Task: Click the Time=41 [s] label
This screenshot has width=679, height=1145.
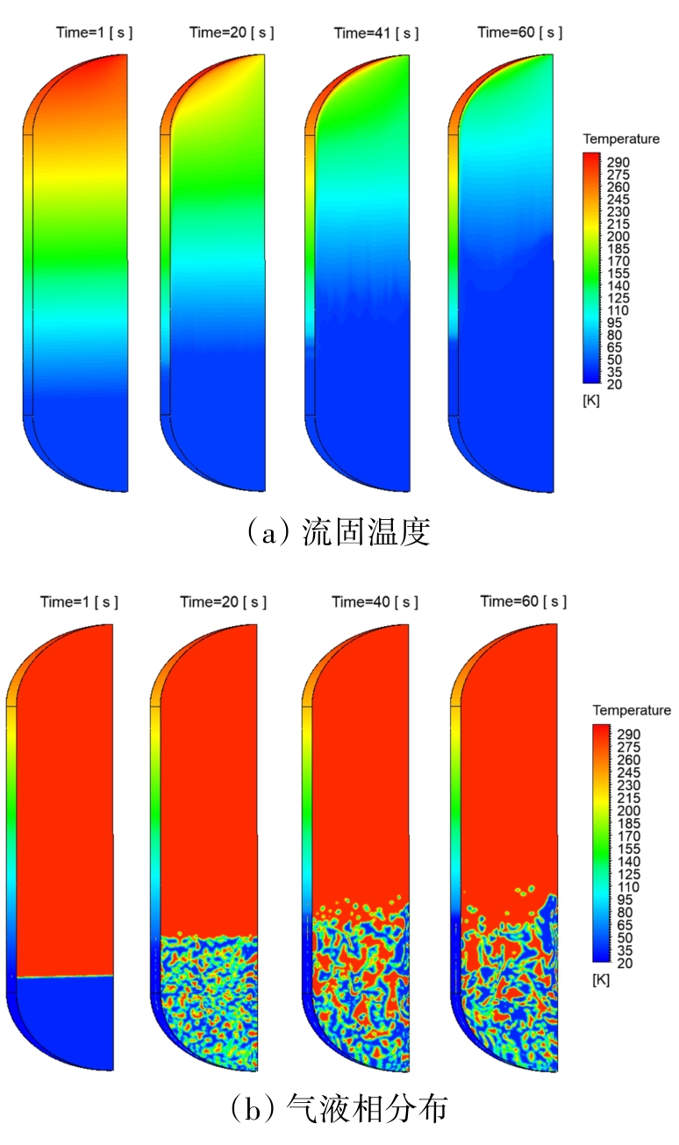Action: (x=375, y=33)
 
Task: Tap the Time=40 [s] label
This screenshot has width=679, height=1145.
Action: (x=375, y=602)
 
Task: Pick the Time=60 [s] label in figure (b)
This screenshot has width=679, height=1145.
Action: (x=523, y=602)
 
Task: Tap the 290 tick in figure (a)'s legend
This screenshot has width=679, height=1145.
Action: (x=619, y=163)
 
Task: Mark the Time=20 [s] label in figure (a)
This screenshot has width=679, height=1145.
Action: (x=231, y=33)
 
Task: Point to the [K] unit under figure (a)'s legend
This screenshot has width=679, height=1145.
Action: (x=590, y=400)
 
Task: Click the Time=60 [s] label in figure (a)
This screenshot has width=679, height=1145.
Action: (x=519, y=33)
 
